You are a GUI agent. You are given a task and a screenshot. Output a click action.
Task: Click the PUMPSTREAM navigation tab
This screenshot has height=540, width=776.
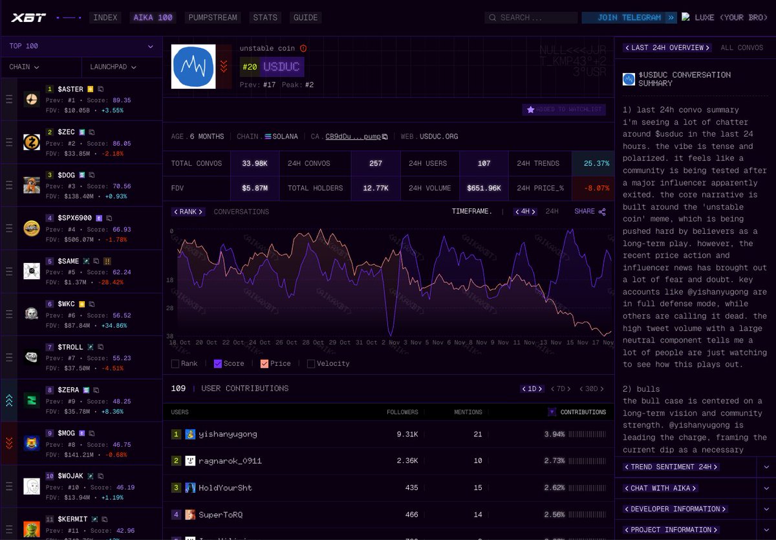[213, 17]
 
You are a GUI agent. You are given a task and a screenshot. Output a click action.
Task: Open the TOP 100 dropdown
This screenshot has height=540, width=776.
[81, 47]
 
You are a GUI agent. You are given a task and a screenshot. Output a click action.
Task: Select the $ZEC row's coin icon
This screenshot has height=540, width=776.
[32, 142]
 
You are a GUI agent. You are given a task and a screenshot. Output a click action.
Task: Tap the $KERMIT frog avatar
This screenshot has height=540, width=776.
[32, 529]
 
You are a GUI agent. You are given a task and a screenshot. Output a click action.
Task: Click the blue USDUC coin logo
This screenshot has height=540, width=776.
[193, 67]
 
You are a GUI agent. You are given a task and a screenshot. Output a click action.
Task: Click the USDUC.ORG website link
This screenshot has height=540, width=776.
[438, 137]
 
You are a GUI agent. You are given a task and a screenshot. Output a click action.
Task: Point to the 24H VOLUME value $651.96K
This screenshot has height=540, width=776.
[484, 188]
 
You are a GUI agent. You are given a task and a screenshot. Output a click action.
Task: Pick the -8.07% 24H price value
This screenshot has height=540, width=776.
[592, 188]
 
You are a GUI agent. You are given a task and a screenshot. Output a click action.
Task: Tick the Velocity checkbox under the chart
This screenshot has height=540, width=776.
[311, 364]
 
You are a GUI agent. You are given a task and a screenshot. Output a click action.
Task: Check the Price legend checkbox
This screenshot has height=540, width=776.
[264, 364]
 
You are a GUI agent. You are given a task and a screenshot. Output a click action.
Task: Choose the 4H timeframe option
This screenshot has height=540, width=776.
[525, 212]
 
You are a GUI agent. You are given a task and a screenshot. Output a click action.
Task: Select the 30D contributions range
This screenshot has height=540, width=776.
[591, 389]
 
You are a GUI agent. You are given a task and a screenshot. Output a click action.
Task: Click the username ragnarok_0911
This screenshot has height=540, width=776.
[230, 461]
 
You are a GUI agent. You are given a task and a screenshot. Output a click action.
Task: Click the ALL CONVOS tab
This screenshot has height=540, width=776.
[741, 48]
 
